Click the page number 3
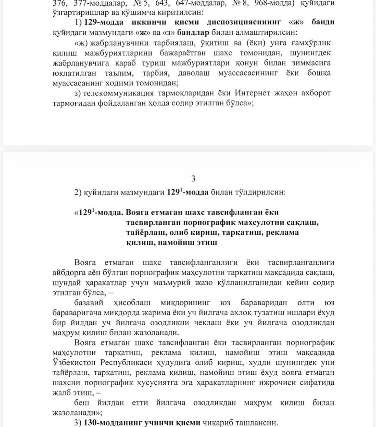pos(193,179)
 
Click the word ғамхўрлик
pos(311,43)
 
